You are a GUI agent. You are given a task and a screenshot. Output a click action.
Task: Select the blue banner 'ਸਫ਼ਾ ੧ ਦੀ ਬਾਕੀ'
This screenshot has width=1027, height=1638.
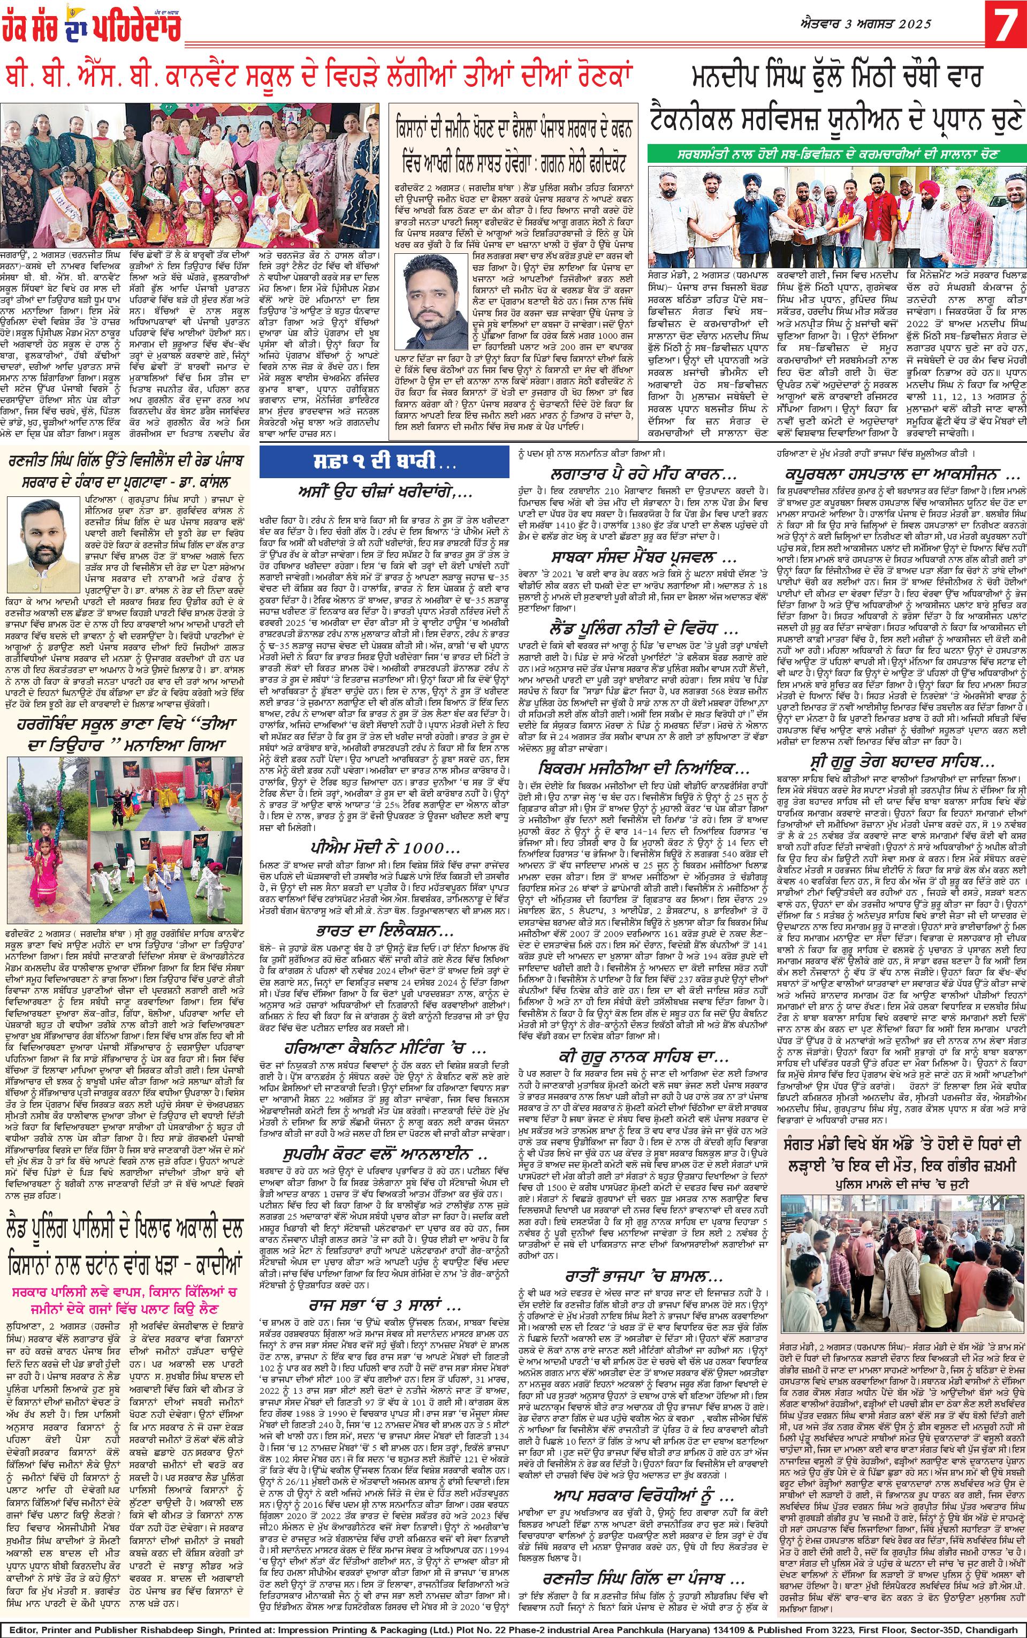point(384,464)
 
